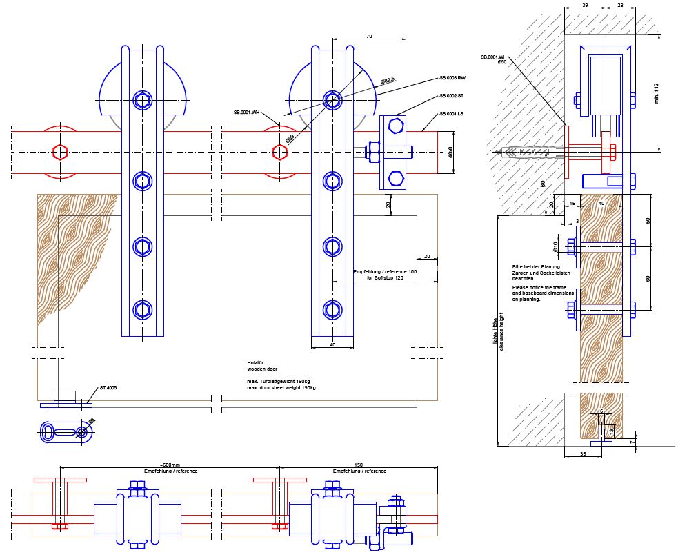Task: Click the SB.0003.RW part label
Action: [452, 78]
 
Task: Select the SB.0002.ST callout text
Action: [452, 96]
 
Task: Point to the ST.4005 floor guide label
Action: [108, 388]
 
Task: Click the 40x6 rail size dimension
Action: [450, 152]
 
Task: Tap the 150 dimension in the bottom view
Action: [358, 465]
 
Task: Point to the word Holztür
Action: [256, 362]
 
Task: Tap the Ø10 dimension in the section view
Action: [555, 246]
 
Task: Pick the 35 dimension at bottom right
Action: [583, 454]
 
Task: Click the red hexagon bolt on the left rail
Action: [59, 152]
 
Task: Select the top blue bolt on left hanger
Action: [143, 101]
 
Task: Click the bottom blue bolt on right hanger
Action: [332, 309]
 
